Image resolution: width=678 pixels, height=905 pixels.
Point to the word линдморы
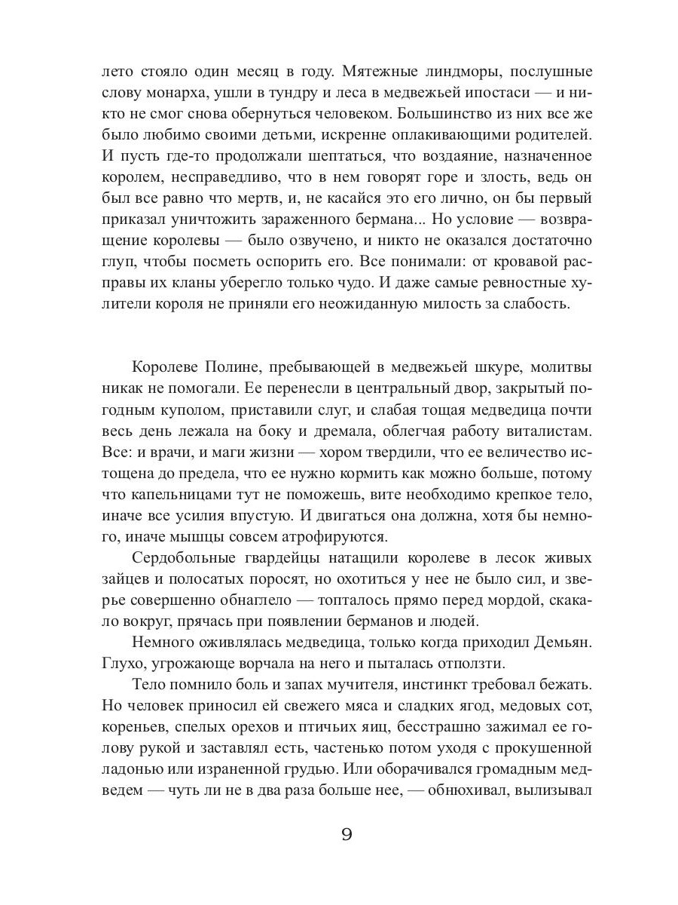point(469,72)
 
